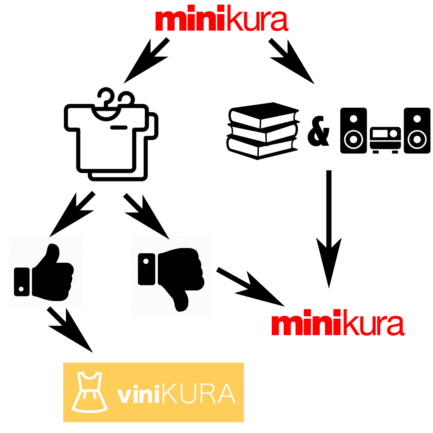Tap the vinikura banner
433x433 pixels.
(x=153, y=392)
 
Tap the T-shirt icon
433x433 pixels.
(x=108, y=139)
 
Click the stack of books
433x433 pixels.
(x=263, y=131)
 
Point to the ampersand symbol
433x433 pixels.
(x=319, y=132)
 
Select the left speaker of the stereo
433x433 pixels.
(x=354, y=131)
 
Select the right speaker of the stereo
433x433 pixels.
(x=417, y=131)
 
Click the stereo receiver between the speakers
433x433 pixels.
(x=385, y=139)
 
